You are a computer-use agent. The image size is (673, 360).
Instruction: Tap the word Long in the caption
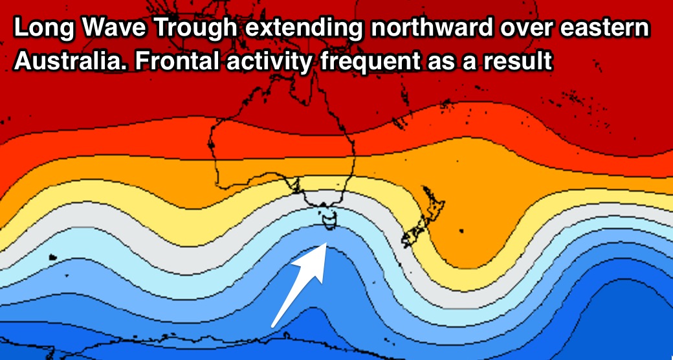(x=44, y=29)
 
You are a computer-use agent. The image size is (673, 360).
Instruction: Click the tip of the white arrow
(x=327, y=243)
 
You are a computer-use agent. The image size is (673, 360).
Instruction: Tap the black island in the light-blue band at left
(x=53, y=257)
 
